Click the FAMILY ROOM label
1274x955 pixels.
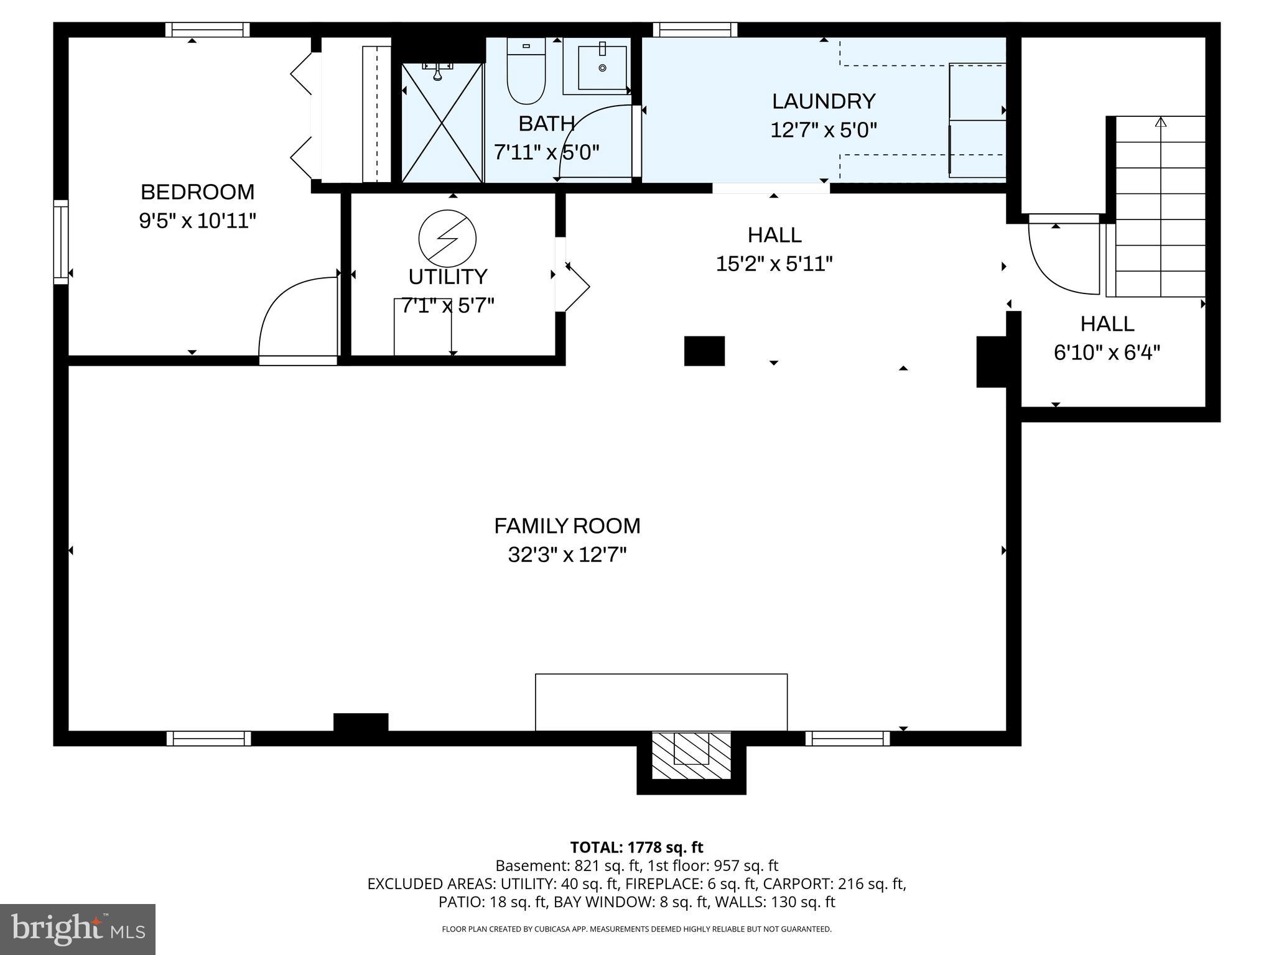pos(567,526)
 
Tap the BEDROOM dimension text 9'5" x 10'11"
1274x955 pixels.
pos(197,221)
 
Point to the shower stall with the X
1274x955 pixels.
pos(442,123)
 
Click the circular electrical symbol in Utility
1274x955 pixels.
pos(447,239)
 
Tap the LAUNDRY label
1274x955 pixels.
pos(823,101)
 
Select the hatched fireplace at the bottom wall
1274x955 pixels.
pos(691,755)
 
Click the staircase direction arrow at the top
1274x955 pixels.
pos(1160,122)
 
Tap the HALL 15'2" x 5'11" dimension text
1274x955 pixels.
pos(774,264)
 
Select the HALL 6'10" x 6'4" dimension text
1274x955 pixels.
pos(1107,353)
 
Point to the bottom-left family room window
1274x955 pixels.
pos(208,738)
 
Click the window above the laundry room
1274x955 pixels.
pos(695,29)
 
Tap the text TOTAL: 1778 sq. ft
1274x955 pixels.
pos(636,847)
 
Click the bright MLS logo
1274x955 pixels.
pos(77,929)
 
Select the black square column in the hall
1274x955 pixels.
pos(704,351)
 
